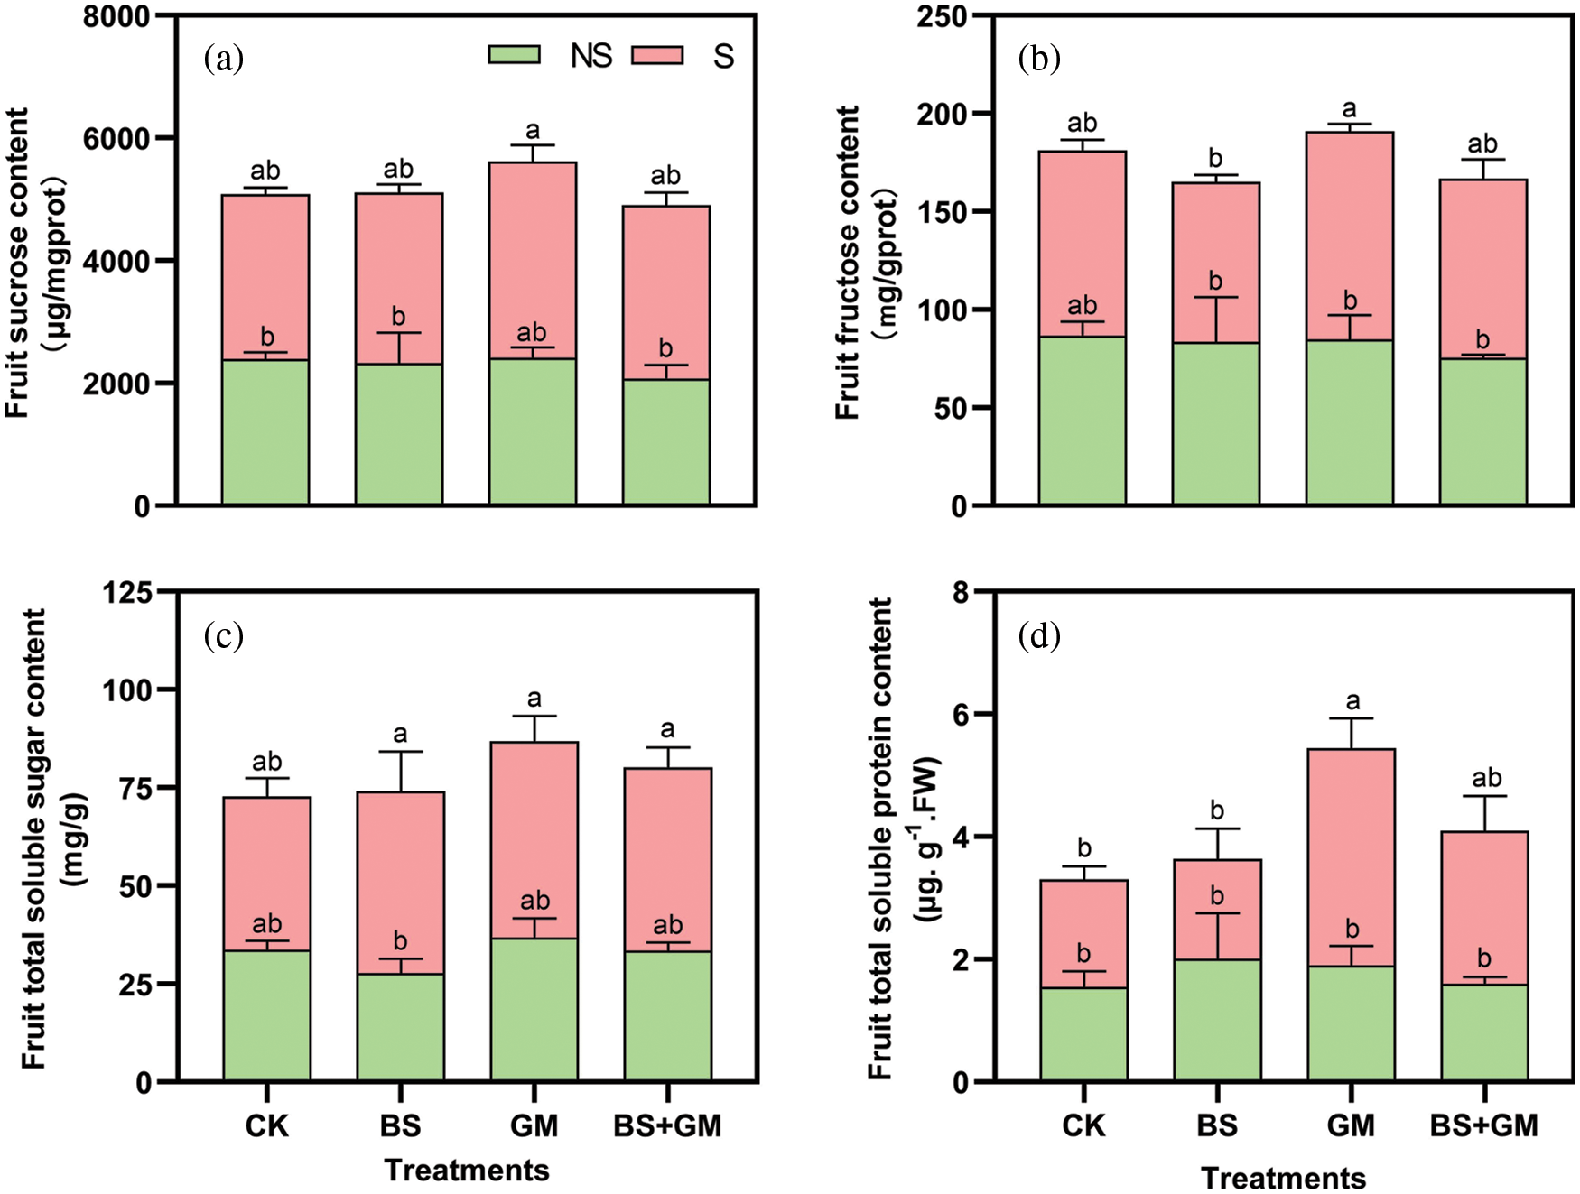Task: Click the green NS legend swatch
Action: (x=515, y=55)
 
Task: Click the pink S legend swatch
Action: (x=656, y=55)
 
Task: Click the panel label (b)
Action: (x=1039, y=59)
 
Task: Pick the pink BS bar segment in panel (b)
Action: (x=1215, y=262)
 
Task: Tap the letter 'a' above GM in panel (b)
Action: (x=1349, y=109)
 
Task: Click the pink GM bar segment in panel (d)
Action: (x=1351, y=857)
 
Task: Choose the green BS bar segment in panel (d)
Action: (x=1217, y=1020)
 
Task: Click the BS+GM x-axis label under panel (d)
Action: (x=1483, y=1125)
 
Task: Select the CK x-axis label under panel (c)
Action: (x=267, y=1125)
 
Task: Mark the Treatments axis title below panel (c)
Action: (x=467, y=1170)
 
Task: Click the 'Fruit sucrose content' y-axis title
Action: (x=18, y=262)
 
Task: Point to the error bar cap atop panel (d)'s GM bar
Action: (x=1351, y=718)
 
